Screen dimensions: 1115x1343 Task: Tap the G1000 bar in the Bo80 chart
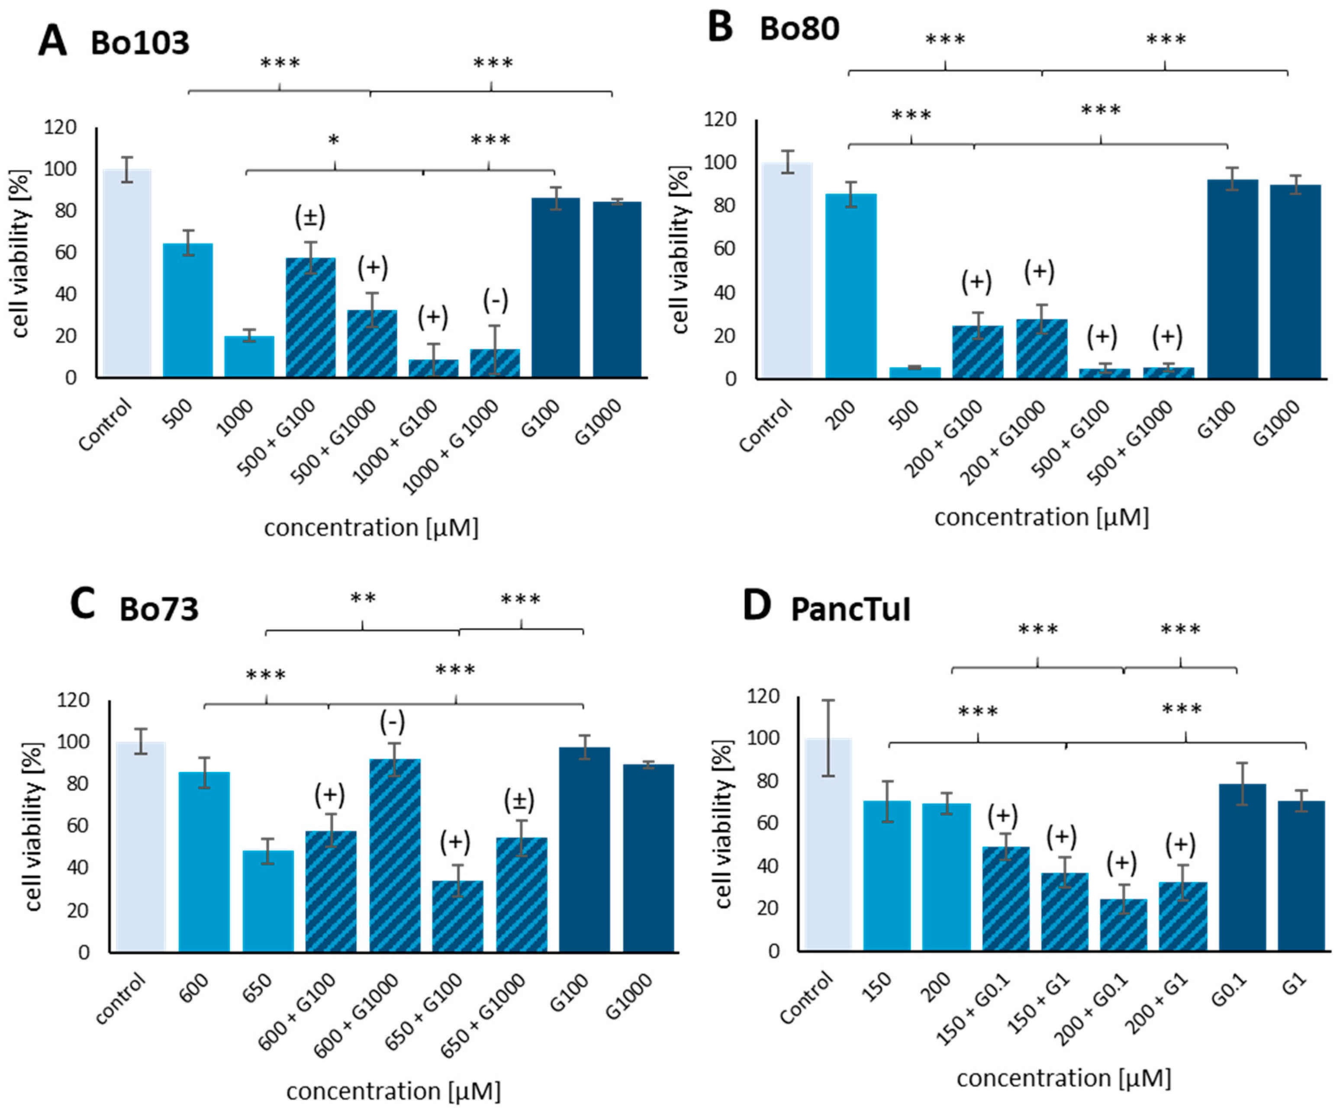click(x=1295, y=281)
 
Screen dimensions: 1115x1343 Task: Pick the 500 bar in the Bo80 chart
click(x=915, y=372)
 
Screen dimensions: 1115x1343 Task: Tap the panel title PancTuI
click(x=850, y=609)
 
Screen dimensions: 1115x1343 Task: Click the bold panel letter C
click(x=83, y=604)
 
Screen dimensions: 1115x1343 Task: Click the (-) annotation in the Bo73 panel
click(x=392, y=723)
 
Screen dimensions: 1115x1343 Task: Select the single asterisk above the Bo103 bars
click(x=333, y=140)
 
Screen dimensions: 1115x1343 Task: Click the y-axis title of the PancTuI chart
click(x=723, y=824)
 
